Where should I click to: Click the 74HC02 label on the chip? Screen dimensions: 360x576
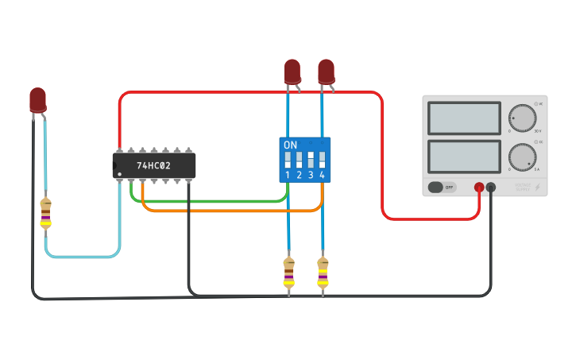[153, 166]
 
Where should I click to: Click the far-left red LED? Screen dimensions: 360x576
[37, 99]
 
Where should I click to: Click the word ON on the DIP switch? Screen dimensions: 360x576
[290, 145]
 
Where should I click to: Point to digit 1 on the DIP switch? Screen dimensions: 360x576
[288, 175]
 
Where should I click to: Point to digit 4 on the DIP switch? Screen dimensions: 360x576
[322, 175]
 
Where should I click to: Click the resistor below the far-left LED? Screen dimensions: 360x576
[46, 213]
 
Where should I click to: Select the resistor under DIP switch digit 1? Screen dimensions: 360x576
[288, 273]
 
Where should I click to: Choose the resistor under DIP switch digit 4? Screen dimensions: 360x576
[323, 273]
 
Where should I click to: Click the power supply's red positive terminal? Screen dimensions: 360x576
[479, 188]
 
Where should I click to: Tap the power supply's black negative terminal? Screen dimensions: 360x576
[491, 188]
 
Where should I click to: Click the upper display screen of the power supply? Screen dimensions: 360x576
[464, 118]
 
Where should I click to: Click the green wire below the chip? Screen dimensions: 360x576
[207, 202]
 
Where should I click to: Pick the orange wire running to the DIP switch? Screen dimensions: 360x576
[230, 211]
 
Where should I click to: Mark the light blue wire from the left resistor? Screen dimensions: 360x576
[79, 257]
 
